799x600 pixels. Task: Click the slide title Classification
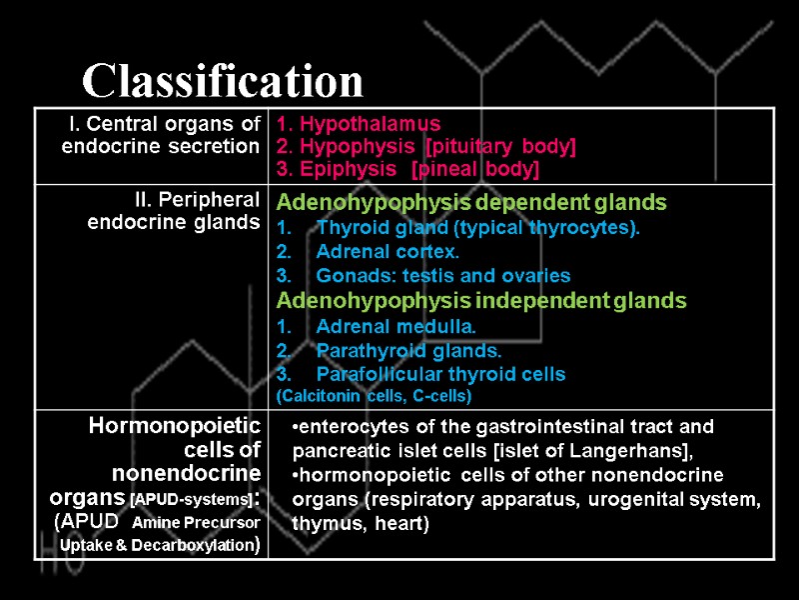pos(223,80)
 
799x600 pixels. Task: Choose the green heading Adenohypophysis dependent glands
pos(471,203)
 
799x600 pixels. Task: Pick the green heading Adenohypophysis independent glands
pos(481,300)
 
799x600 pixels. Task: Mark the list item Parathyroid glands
pos(408,350)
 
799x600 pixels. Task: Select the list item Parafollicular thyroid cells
pos(439,375)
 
